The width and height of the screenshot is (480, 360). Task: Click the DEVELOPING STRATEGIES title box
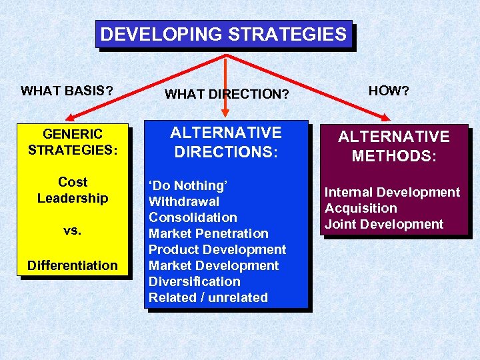[224, 35]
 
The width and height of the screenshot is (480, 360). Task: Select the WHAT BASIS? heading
[67, 91]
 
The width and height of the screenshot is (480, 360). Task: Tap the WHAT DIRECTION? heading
[227, 95]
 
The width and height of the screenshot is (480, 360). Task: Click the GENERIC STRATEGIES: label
[73, 142]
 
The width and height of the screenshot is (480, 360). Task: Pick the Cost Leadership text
[73, 190]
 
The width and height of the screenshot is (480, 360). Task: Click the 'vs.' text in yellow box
[73, 231]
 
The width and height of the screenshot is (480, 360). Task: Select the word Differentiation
[73, 265]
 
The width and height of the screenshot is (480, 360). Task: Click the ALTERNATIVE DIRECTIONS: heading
[226, 142]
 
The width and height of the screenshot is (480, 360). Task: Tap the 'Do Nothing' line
[188, 185]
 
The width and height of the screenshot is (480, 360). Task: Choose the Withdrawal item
[184, 201]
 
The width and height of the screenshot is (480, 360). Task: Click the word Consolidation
[193, 217]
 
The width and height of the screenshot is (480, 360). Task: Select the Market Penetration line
[208, 233]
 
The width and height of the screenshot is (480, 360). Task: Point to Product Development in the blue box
[217, 249]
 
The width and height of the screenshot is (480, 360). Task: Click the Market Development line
[213, 265]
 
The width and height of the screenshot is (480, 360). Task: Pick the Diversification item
[194, 281]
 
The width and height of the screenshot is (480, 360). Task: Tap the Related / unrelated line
[208, 297]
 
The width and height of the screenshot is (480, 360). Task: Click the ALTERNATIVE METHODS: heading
[393, 146]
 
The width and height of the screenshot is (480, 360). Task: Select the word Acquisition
[361, 208]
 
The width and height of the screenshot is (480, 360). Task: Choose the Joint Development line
[383, 224]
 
